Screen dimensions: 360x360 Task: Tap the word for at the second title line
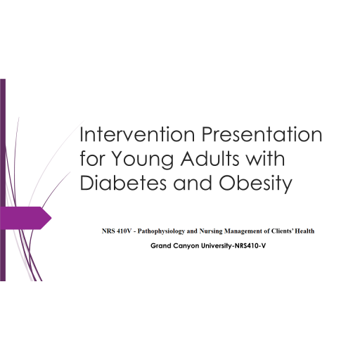(91, 160)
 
